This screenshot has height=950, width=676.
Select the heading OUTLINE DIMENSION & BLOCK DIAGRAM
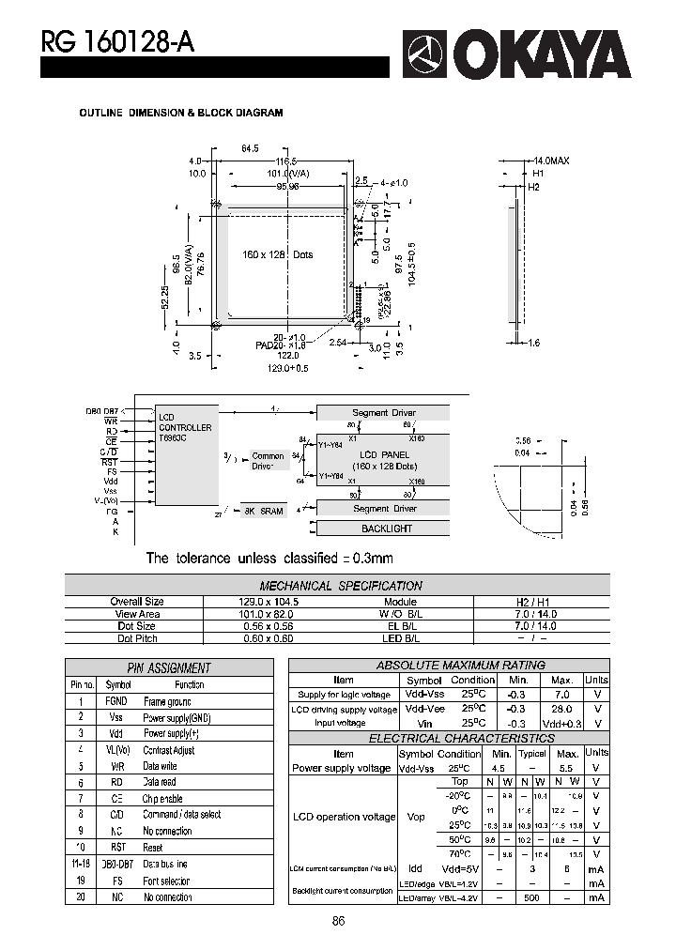[x=180, y=113]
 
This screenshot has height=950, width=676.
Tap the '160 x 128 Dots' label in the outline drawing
[x=277, y=254]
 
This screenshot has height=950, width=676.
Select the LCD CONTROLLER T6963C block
[x=185, y=427]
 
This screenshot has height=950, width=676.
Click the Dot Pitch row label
[x=137, y=638]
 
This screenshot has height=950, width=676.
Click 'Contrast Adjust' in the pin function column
[x=169, y=750]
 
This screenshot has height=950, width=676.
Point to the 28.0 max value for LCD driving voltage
[x=562, y=710]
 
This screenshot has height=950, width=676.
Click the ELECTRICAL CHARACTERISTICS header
[x=448, y=739]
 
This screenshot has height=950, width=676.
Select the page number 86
[x=339, y=921]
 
